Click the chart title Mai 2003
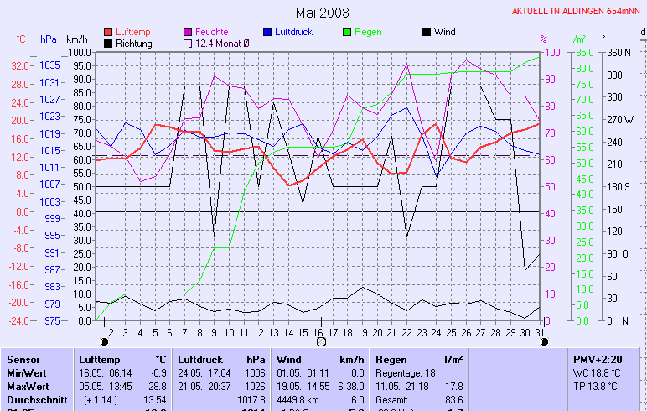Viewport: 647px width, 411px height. point(323,13)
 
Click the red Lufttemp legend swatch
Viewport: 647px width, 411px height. point(108,32)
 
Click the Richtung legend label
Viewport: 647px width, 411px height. point(133,43)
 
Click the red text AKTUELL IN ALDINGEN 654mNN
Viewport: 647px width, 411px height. point(578,11)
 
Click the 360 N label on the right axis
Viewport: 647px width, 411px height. point(618,52)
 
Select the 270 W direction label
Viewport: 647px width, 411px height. point(620,119)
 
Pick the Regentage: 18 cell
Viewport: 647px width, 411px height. point(406,372)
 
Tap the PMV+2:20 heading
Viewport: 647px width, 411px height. point(593,358)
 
